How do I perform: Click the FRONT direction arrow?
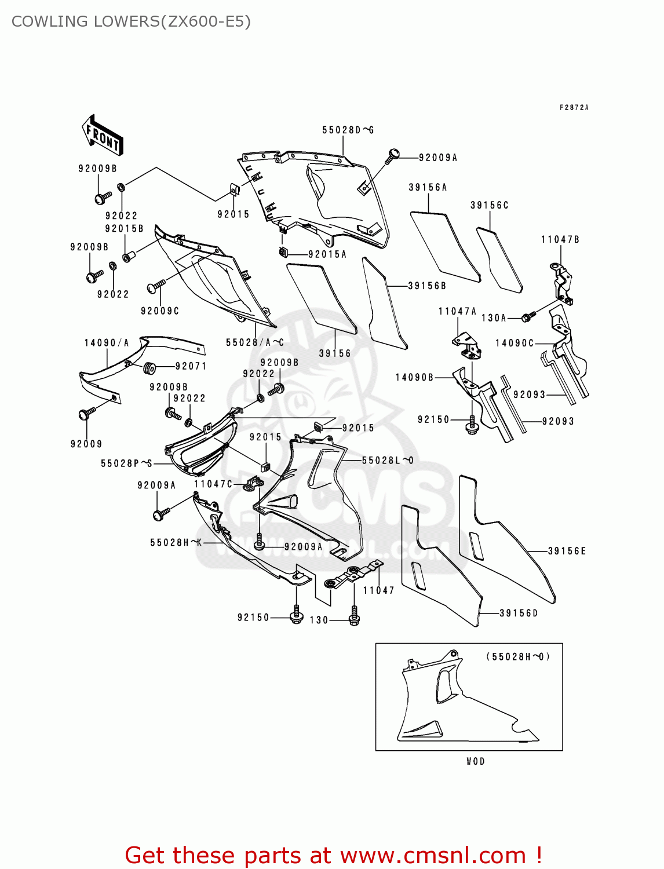pos(103,136)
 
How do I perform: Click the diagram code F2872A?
pos(574,108)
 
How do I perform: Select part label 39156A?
pos(428,187)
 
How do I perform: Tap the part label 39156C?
pos(489,205)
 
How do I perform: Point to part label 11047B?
pos(560,239)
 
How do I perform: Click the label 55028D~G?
pos(348,130)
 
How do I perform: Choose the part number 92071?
pos(191,366)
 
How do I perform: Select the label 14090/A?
pos(107,343)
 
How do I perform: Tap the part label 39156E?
pos(567,551)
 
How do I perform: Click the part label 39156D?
pos(519,613)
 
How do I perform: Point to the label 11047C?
pos(213,484)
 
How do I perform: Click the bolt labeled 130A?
pos(528,316)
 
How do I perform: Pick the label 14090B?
pos(414,377)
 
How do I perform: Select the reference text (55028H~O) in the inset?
pos(517,656)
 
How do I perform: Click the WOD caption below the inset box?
pos(475,761)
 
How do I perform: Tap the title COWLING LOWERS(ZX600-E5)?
pos(131,21)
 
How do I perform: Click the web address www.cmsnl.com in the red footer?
pos(432,855)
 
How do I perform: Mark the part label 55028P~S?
pos(126,463)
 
